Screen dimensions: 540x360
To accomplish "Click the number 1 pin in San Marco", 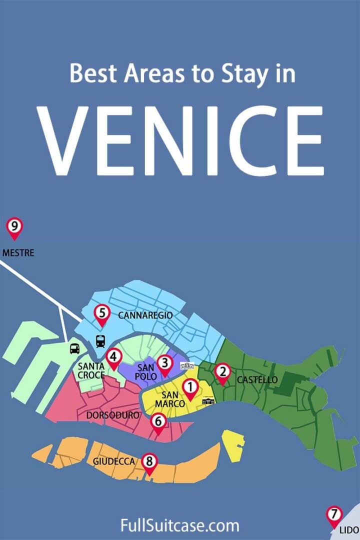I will (190, 387).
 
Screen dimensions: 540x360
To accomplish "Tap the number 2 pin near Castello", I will (222, 372).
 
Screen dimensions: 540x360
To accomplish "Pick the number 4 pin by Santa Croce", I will (114, 357).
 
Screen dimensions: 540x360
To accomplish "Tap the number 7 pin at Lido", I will (334, 515).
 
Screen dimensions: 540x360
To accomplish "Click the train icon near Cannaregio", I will (100, 341).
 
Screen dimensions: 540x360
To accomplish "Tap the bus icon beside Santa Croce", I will (75, 348).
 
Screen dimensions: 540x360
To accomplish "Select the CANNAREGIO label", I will (145, 315).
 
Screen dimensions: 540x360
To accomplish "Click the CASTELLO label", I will (257, 380).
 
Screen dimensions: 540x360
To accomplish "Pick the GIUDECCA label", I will (114, 461).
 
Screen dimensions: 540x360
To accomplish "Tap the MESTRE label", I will (18, 253).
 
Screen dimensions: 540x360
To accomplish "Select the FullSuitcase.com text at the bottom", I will (180, 526).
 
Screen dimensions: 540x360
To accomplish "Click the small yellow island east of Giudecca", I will (233, 445).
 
